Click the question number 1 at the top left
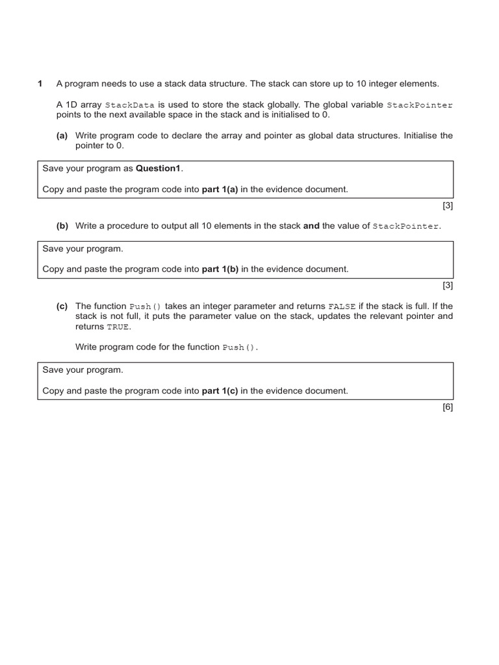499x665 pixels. (x=40, y=84)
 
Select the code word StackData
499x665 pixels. (x=130, y=105)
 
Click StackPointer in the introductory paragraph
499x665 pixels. (x=419, y=105)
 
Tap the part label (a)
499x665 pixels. (x=62, y=136)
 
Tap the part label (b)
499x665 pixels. (x=62, y=226)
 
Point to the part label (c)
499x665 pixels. (x=62, y=306)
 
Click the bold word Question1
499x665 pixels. (x=159, y=169)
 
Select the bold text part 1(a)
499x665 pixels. (x=220, y=190)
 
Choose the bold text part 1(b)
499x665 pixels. (x=220, y=269)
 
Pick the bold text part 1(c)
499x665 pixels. (x=220, y=391)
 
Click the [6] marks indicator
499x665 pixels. (x=447, y=407)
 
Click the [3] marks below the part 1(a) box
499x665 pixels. (x=447, y=206)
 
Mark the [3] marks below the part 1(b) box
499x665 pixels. (x=447, y=285)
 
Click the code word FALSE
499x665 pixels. (x=342, y=307)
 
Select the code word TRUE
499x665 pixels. (x=119, y=327)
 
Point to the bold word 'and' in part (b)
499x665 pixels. (x=311, y=226)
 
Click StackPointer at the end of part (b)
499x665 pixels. (x=406, y=227)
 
